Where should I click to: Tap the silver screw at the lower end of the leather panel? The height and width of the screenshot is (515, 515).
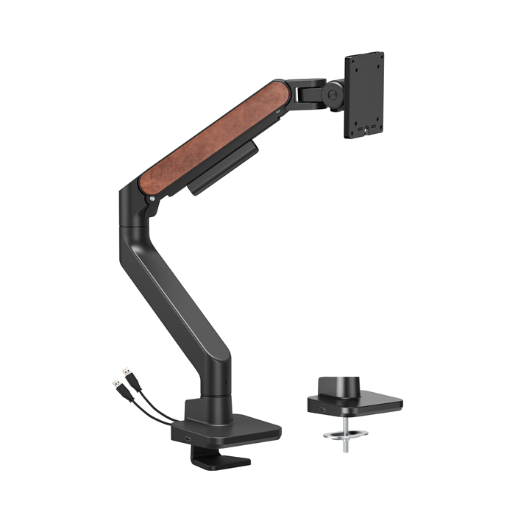click(x=152, y=196)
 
